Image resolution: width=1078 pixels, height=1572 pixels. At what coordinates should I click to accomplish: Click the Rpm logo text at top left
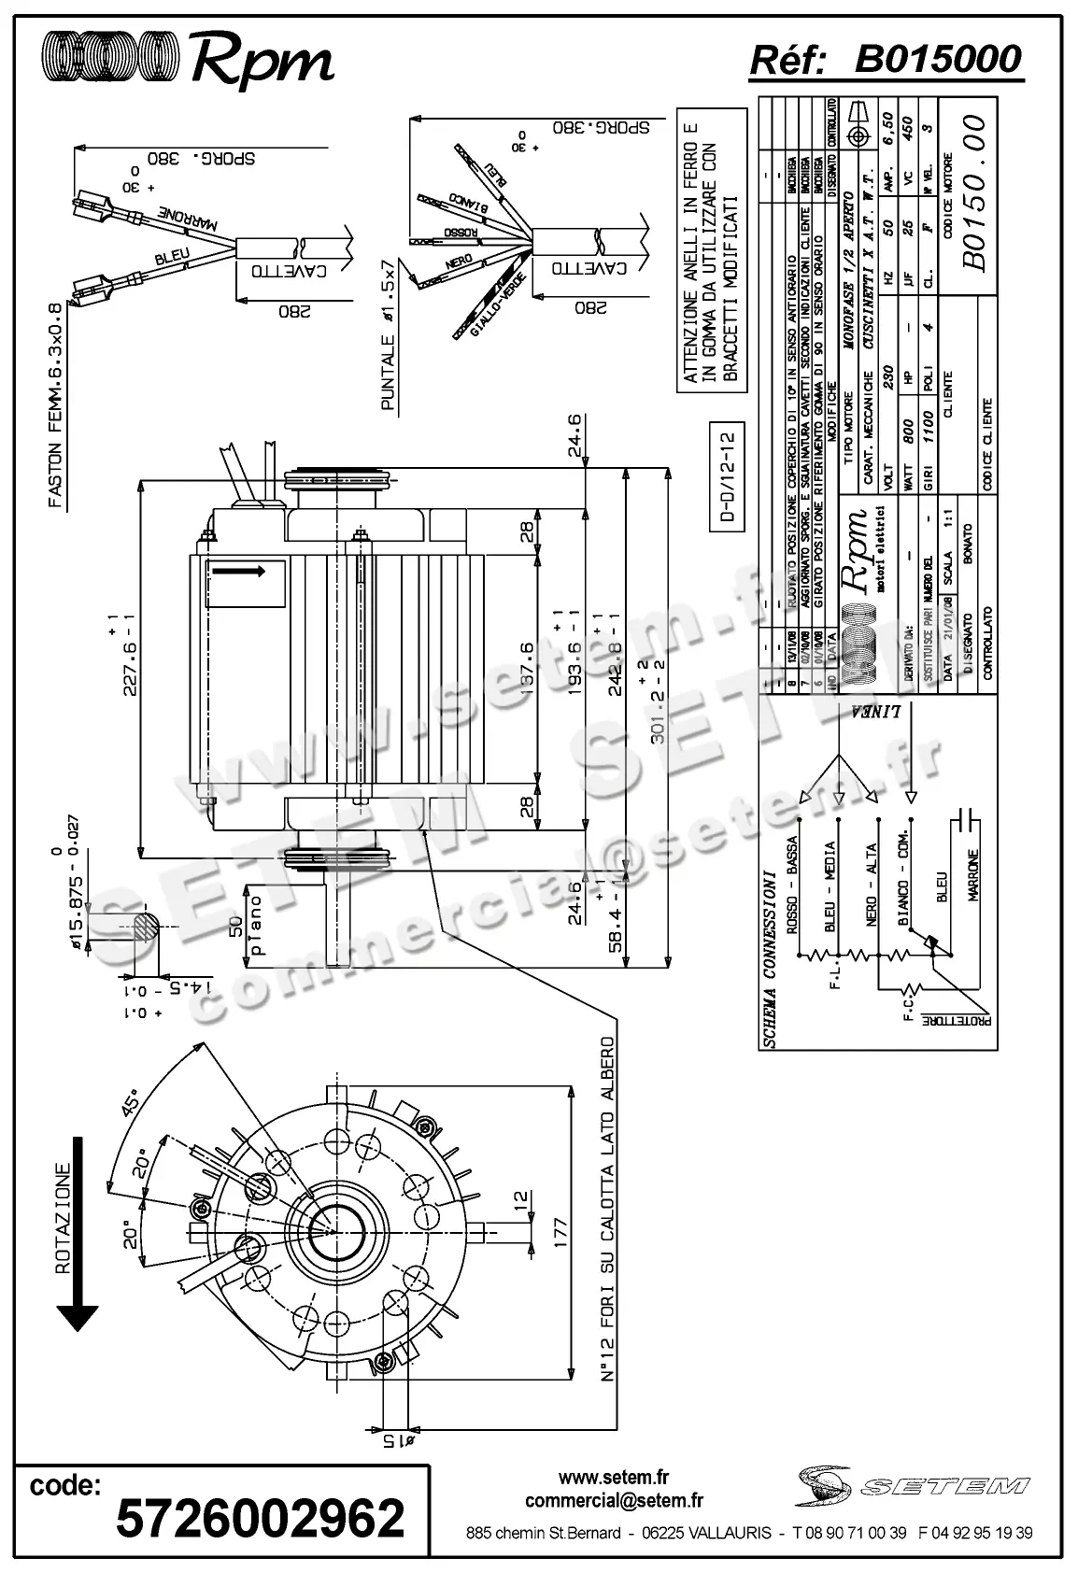tap(262, 62)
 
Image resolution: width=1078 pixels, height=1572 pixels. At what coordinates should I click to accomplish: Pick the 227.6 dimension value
tap(129, 654)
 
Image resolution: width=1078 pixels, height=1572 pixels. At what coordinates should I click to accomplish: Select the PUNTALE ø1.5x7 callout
tap(389, 336)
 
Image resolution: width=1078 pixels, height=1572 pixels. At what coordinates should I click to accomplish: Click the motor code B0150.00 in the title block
tap(972, 192)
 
